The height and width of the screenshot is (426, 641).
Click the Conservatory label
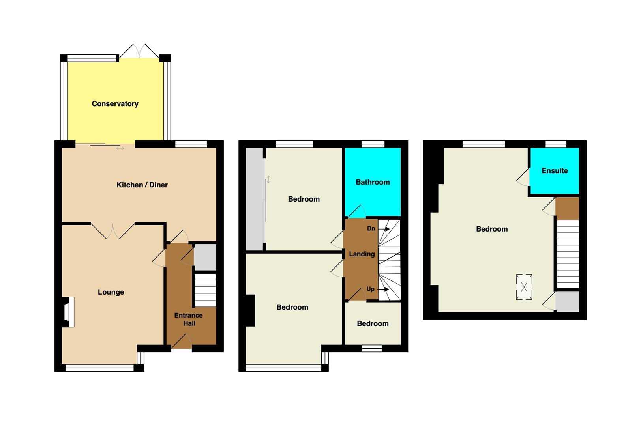[x=115, y=103]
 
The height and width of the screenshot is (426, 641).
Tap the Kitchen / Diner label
[x=142, y=185]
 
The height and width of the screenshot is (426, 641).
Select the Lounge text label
[x=111, y=292]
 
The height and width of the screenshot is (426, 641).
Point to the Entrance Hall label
[x=189, y=319]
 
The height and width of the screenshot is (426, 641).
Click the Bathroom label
[x=373, y=182]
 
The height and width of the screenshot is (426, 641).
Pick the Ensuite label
[x=555, y=171]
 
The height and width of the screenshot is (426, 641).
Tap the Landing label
[x=362, y=254]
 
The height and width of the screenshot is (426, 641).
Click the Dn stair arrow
[x=384, y=229]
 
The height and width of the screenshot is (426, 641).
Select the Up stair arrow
[x=383, y=289]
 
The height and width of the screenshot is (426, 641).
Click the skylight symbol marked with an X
[x=524, y=287]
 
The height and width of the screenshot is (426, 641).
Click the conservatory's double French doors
[x=139, y=51]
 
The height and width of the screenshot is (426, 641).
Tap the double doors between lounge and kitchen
[x=113, y=231]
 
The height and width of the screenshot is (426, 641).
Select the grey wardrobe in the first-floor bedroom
[x=255, y=199]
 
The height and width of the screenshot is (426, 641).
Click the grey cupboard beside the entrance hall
[x=205, y=257]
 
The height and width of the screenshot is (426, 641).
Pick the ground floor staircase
[x=205, y=290]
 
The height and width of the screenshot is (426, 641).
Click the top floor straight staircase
[x=568, y=254]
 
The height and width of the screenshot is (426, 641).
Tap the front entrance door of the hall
[x=182, y=341]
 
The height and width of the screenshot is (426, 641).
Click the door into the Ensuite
[x=523, y=177]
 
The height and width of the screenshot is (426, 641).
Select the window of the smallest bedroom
[x=372, y=348]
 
